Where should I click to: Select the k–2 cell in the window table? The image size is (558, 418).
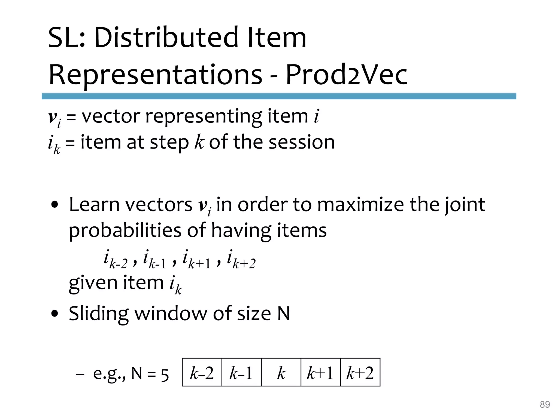point(202,373)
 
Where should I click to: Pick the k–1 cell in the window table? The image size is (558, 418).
point(241,373)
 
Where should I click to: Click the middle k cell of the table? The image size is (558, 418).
point(281,373)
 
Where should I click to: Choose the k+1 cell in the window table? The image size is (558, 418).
point(321,373)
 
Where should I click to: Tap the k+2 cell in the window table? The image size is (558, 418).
point(360,373)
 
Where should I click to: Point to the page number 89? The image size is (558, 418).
point(545,405)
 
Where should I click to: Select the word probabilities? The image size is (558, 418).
point(125,230)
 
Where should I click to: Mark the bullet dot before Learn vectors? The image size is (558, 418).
point(55,205)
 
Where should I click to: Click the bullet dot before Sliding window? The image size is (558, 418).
point(55,314)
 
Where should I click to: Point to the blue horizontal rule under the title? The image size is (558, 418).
point(279,96)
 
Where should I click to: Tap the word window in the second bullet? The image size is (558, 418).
point(171,313)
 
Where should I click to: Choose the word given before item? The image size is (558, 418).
point(93,283)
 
